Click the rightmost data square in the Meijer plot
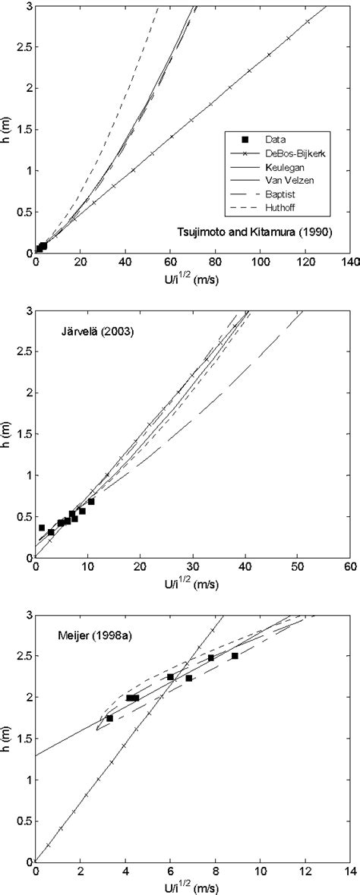[x=235, y=656]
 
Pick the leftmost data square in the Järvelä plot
[x=42, y=528]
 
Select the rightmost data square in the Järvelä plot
[x=91, y=501]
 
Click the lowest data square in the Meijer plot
[x=109, y=718]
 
